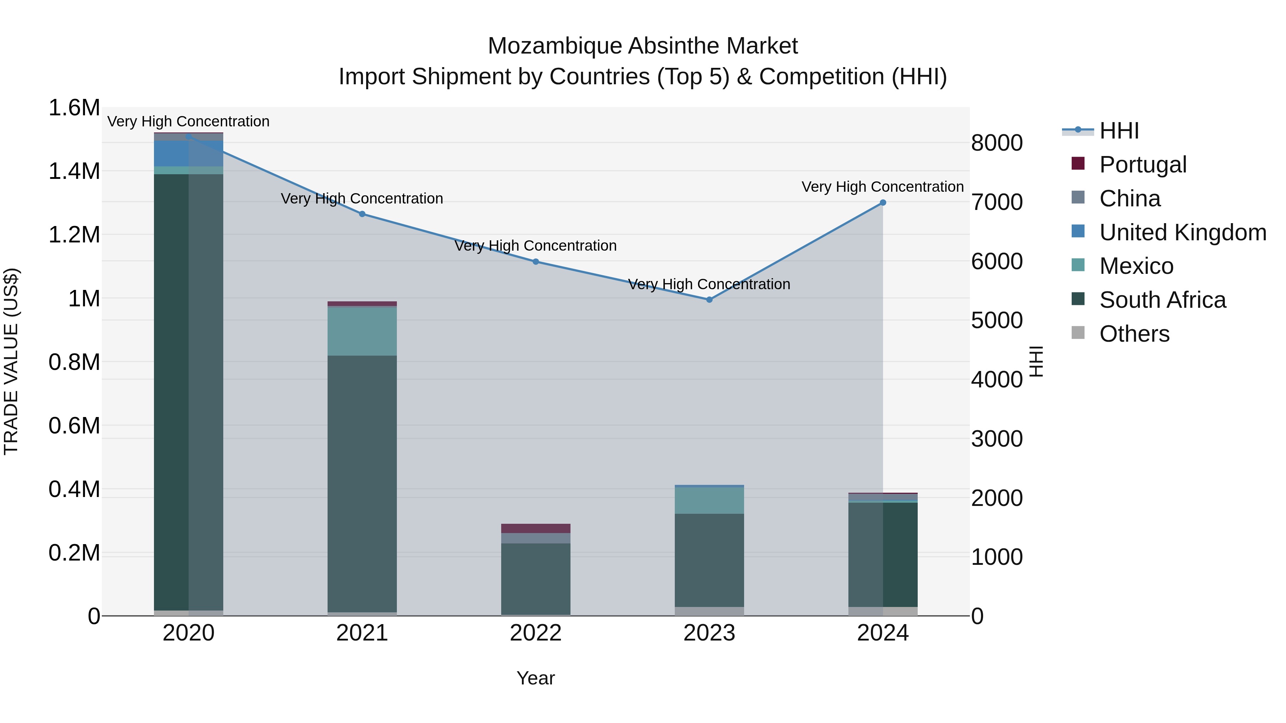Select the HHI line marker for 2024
[883, 202]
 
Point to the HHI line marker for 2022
[536, 261]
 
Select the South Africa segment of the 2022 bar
[536, 579]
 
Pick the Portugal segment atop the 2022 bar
[536, 528]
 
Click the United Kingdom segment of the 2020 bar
[188, 153]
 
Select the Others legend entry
[1134, 333]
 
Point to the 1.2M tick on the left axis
[74, 235]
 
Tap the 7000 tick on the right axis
[996, 202]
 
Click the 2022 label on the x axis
[536, 633]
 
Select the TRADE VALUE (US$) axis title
[11, 361]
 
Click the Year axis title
[536, 678]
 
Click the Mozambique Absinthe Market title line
[643, 46]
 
